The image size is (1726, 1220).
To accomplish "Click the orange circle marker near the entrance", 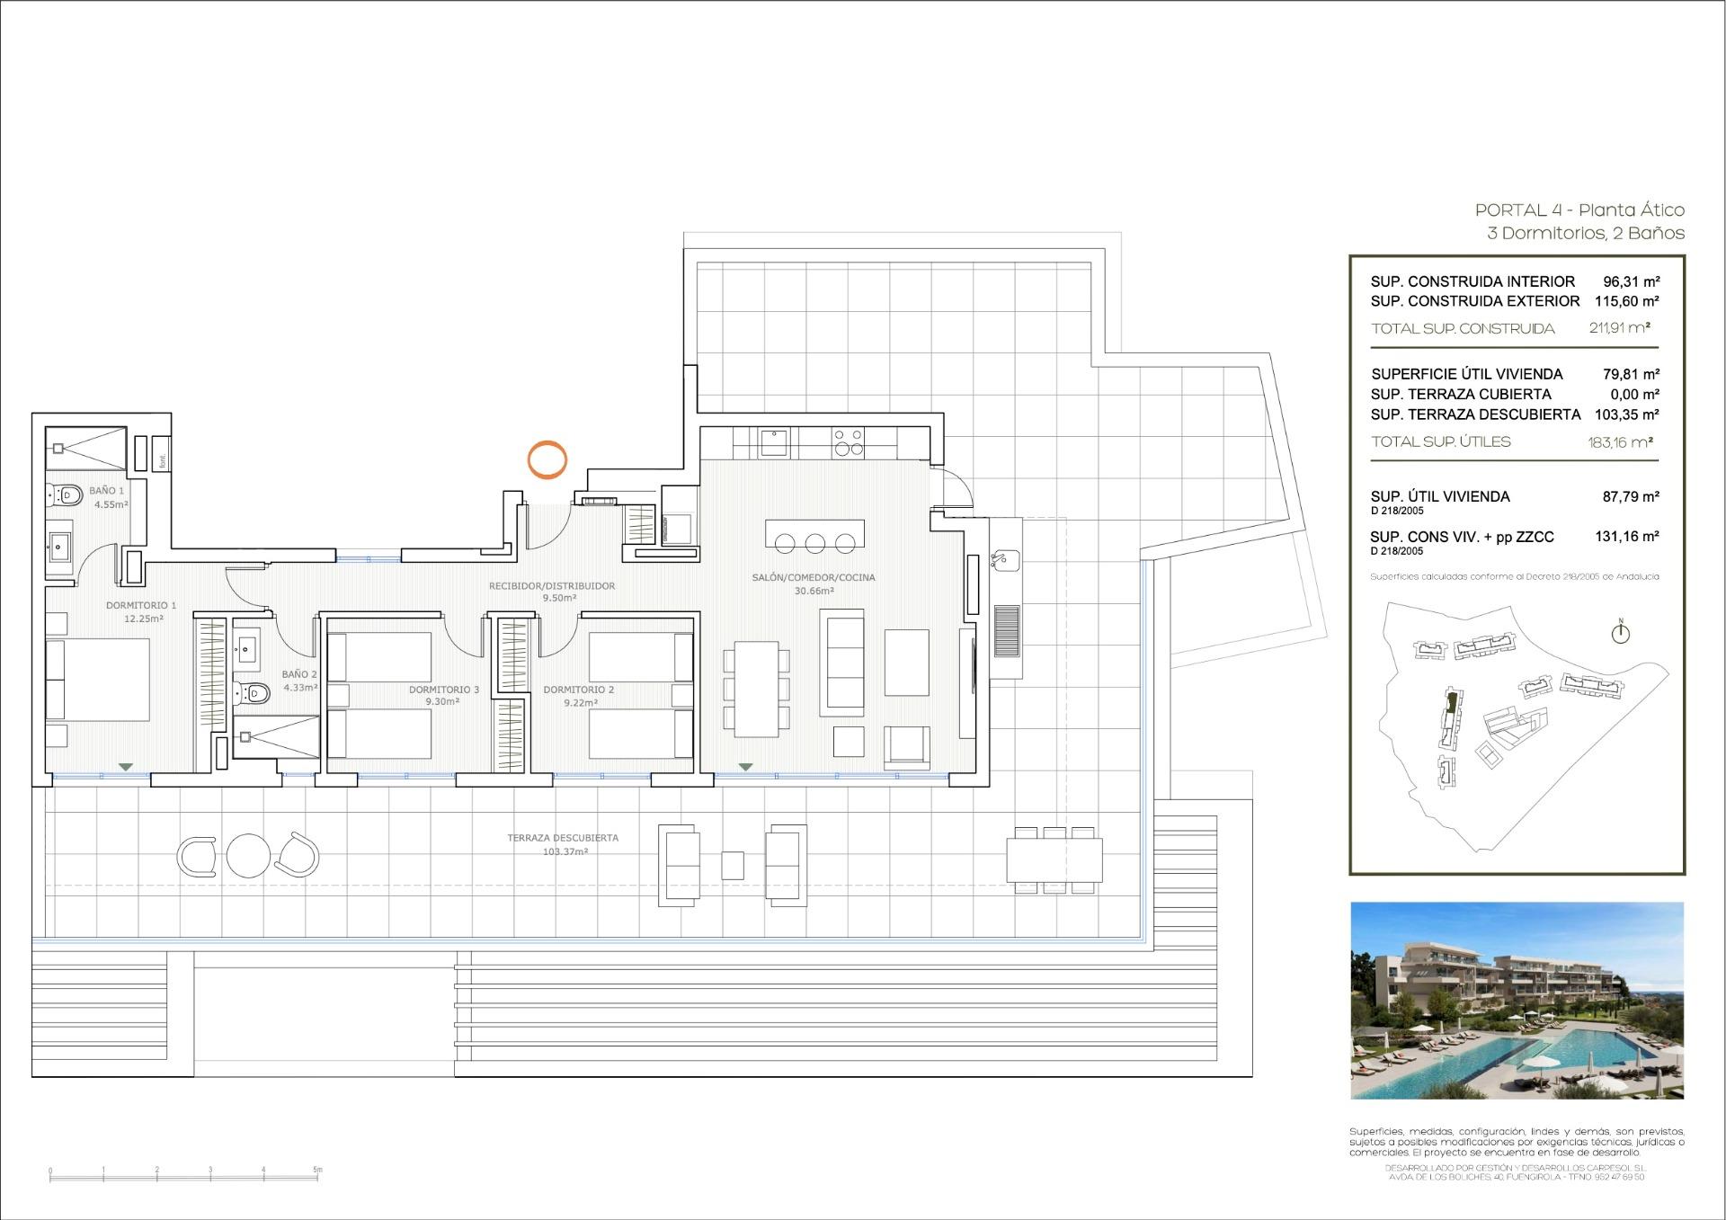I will coord(547,459).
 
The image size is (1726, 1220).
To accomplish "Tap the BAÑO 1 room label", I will coord(107,491).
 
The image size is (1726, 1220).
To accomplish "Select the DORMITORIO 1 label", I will coord(141,606).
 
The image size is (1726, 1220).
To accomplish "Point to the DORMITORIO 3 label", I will coord(444,690).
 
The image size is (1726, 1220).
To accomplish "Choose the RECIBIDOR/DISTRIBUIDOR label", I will coord(552,586).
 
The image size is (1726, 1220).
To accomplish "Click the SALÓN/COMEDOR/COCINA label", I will coord(814,577).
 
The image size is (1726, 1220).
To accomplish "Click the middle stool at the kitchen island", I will coord(815,543).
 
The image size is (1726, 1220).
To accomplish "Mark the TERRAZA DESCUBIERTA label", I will coord(563,838).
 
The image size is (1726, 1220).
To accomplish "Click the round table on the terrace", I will coord(248,855).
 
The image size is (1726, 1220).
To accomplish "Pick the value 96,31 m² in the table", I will coord(1631,281).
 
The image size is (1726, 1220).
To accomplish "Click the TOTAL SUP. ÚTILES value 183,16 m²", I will coord(1620,441).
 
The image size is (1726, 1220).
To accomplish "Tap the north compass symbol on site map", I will coord(1620,634).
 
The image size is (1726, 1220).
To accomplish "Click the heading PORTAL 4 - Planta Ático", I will coord(1579,210).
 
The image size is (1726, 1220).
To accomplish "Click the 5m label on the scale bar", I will coord(317,1171).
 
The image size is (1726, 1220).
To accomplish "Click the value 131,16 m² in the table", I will coord(1626,537).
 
